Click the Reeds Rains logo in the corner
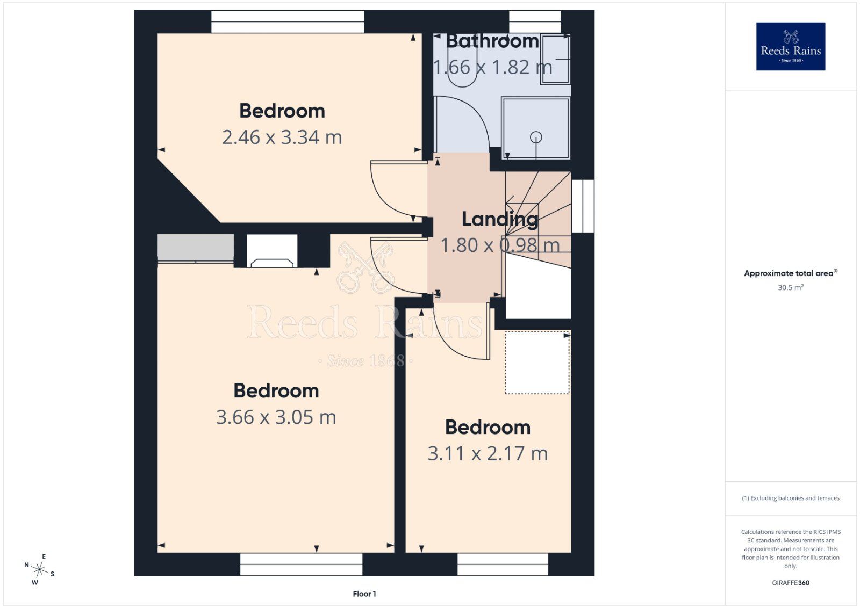(x=791, y=46)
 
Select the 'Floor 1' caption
(x=364, y=594)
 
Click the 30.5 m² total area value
(x=791, y=287)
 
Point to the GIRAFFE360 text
(x=791, y=583)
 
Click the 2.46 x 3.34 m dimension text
(x=282, y=137)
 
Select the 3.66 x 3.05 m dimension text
(x=276, y=417)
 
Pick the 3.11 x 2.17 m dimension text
(x=488, y=453)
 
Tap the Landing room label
(x=500, y=219)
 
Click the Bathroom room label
(x=492, y=41)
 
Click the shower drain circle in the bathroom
(x=536, y=137)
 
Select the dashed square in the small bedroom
(x=537, y=363)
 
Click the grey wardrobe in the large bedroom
(x=196, y=248)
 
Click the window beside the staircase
(x=583, y=206)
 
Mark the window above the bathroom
(x=535, y=21)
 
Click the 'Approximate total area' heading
(x=791, y=273)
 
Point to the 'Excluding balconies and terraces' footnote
(x=791, y=498)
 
